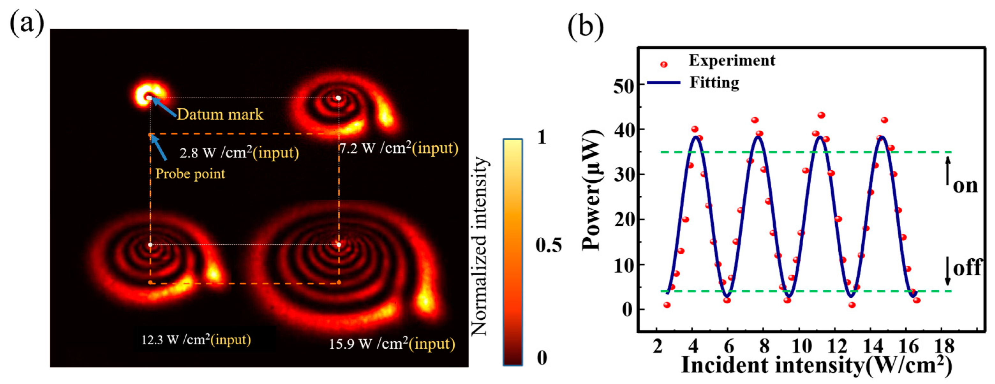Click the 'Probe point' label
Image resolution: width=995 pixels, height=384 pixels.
(190, 174)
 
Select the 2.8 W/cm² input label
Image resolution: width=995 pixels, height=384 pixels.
(239, 152)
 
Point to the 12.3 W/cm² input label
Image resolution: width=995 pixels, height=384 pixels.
(196, 340)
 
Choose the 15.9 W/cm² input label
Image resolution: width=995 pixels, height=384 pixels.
(392, 344)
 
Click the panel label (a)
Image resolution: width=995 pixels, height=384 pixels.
(26, 24)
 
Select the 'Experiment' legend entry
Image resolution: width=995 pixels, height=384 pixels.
(731, 60)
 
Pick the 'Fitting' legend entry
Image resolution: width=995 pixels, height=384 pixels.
(714, 82)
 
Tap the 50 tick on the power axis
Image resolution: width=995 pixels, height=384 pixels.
(624, 85)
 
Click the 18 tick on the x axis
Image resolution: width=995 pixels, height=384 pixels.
(943, 346)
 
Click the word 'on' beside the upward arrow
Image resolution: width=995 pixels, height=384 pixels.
(965, 186)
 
